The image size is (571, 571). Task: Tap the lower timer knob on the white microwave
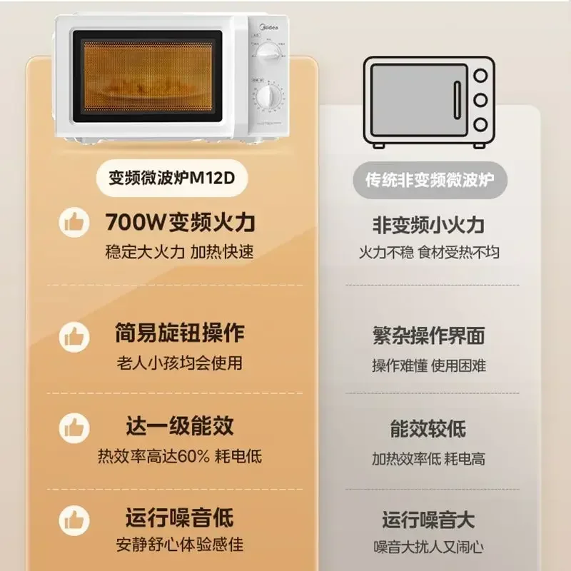coord(268,98)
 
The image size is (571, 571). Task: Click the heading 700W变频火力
coord(180,222)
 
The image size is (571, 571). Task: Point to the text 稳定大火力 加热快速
coord(179,252)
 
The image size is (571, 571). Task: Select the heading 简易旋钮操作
coord(179,333)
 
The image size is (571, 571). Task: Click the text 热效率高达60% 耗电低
coord(179,456)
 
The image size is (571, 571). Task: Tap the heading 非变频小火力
coord(428,225)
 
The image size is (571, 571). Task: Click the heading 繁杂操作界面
coord(428,335)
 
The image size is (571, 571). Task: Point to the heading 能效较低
coord(428,428)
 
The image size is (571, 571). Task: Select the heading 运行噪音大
coord(428,519)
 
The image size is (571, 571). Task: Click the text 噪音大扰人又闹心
coord(428,547)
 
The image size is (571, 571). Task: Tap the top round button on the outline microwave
coord(480,75)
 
